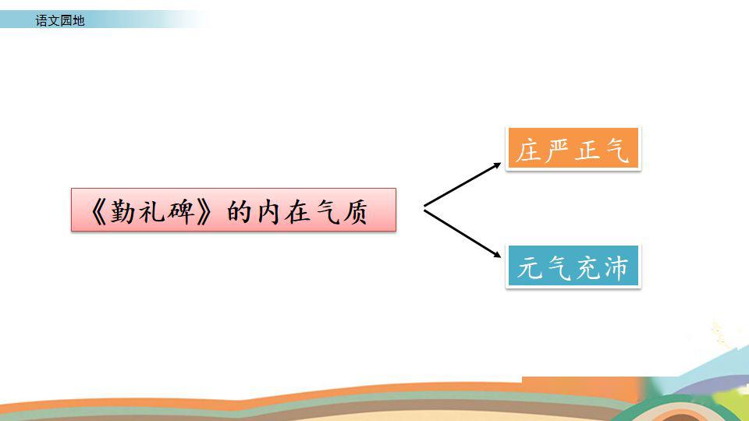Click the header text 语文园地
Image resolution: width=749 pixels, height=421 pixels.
(60, 20)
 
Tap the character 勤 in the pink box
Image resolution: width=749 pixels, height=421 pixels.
(122, 211)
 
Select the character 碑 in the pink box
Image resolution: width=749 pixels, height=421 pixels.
(182, 211)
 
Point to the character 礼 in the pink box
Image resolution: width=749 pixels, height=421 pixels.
(152, 211)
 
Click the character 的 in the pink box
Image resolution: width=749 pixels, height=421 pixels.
(240, 211)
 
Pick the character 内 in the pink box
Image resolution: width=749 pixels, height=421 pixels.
(268, 211)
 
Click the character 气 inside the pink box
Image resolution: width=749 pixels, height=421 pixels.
(327, 212)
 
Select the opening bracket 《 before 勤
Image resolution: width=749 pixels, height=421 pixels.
(98, 211)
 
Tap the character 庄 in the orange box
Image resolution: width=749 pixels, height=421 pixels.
(528, 150)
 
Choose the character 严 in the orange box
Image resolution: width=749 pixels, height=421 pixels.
(557, 150)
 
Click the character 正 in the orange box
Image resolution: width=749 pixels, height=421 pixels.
(587, 150)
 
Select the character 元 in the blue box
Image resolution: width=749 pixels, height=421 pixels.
(529, 267)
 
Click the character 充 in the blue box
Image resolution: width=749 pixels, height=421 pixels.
(587, 267)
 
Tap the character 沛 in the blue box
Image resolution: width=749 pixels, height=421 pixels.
(616, 267)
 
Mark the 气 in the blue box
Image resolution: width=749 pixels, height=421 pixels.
(559, 268)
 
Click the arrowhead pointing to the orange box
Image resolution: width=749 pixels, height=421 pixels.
(498, 165)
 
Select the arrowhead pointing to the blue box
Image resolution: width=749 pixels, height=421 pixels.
(498, 255)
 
